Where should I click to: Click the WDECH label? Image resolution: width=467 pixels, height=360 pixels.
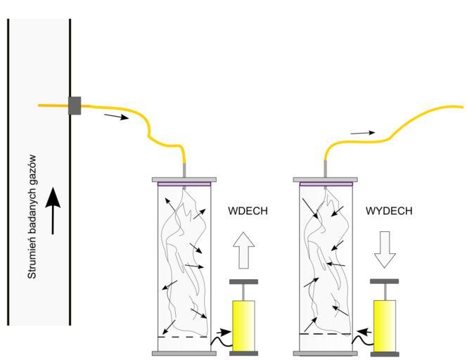tap(248, 211)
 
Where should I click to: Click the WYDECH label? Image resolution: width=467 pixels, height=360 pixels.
tap(388, 211)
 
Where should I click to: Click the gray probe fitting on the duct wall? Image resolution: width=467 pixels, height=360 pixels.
tap(75, 105)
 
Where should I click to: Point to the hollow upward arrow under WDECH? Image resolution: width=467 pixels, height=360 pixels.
tap(244, 251)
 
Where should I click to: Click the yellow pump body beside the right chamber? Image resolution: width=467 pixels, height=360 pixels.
tap(384, 326)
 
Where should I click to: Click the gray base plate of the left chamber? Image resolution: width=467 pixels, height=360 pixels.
tap(184, 352)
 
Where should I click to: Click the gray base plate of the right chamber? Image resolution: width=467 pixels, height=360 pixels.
tap(324, 352)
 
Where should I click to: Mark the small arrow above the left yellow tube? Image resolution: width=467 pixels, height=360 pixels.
tap(116, 116)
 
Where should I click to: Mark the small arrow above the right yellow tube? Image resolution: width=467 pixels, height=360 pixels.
tap(363, 131)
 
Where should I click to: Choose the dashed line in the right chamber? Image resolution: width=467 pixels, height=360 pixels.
tap(324, 333)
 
